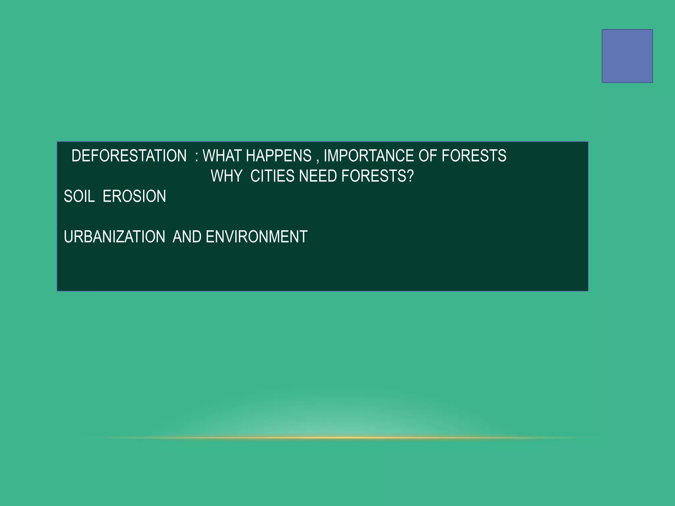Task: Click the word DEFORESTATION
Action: [x=129, y=156]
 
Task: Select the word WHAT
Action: [x=222, y=156]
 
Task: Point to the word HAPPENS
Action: [x=279, y=156]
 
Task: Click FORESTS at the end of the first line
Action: [x=474, y=156]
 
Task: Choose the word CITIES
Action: [x=272, y=176]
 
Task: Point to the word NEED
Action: [x=318, y=176]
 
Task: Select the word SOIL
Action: [x=79, y=196]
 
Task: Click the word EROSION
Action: [x=134, y=196]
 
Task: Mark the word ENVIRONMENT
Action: [x=256, y=237]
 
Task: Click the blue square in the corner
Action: [x=627, y=56]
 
